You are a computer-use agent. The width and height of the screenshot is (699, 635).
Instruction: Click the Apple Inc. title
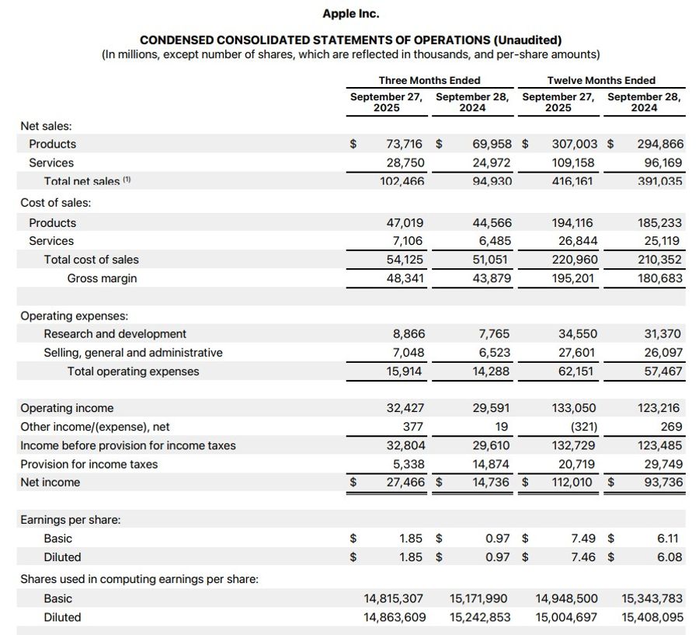point(350,13)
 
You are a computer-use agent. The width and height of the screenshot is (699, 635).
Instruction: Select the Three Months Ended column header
point(429,80)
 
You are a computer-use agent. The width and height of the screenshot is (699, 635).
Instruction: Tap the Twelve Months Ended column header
point(601,80)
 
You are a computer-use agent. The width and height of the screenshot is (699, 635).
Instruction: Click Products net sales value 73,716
point(404,144)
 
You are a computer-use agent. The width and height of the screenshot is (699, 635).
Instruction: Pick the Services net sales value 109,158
point(575,162)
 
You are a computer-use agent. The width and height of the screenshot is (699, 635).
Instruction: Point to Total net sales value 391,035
point(660,181)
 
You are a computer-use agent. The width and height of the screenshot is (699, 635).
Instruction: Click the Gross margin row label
point(102,278)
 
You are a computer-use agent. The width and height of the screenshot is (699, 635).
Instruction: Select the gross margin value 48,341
point(405,278)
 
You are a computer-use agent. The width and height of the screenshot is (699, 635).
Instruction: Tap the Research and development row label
point(115,333)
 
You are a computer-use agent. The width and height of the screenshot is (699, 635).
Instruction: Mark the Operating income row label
point(67,408)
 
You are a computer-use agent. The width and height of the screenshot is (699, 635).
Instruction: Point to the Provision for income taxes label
point(89,464)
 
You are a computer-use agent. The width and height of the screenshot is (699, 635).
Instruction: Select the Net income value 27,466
point(405,482)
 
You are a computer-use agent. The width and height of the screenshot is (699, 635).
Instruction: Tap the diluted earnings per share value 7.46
point(583,556)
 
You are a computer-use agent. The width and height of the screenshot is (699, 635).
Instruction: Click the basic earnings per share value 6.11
point(669,538)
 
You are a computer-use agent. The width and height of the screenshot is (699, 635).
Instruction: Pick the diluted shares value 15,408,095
point(652,617)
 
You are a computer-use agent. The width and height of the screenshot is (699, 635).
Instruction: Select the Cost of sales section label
point(55,203)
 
